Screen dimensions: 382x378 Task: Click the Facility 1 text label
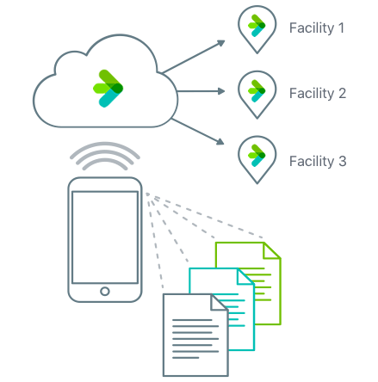[317, 28]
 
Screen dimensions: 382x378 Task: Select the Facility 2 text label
[317, 93]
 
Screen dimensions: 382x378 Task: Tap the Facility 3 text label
[317, 160]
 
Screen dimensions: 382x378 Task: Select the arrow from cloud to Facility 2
[202, 90]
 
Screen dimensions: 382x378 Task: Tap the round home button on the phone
[104, 291]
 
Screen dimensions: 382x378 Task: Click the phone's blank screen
[104, 235]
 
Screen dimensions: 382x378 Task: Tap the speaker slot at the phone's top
[104, 184]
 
